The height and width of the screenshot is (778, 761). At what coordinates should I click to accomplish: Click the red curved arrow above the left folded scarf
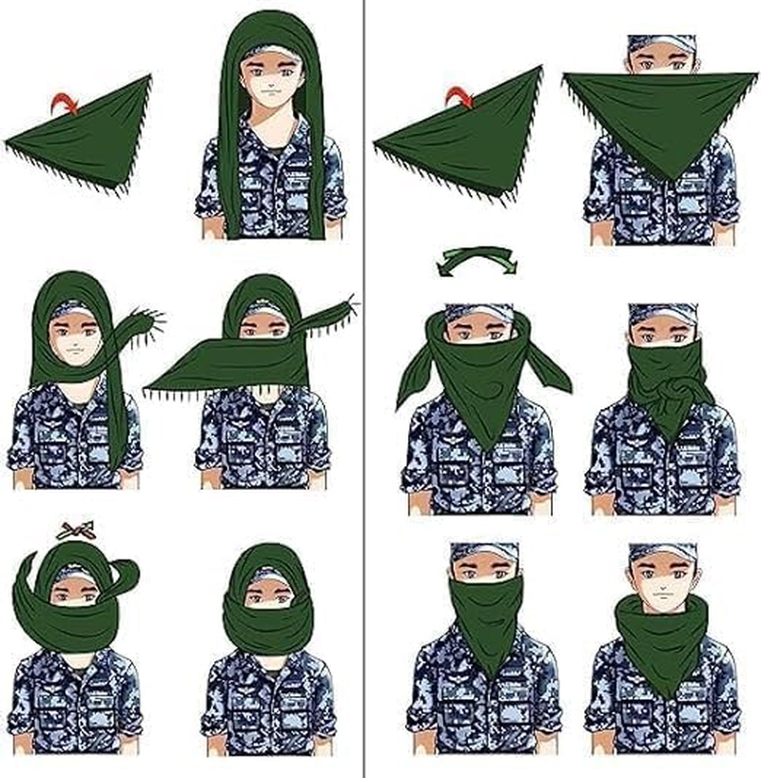[x=67, y=102]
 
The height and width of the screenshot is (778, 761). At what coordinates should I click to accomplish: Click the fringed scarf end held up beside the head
[x=143, y=323]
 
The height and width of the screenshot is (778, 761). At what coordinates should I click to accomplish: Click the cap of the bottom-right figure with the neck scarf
[x=663, y=553]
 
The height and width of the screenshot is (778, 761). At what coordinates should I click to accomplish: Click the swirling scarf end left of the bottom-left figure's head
[x=27, y=594]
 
